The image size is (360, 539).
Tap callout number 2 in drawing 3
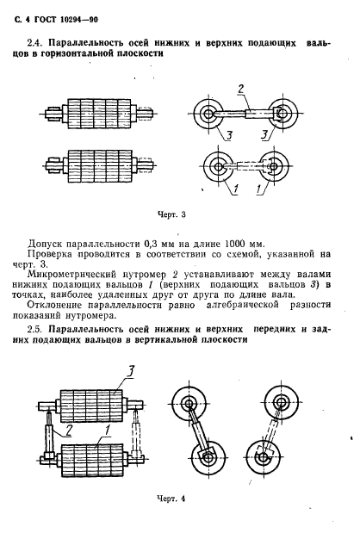click(x=242, y=89)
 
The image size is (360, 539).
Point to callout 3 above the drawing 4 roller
click(x=129, y=370)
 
